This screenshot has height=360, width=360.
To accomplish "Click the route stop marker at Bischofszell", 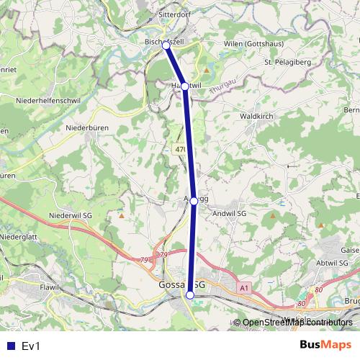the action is (x=166, y=45).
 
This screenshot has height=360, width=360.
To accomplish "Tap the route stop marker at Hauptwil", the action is (x=185, y=86).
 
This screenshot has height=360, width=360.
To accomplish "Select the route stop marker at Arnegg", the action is (x=194, y=202).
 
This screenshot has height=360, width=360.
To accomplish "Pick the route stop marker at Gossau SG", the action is (x=190, y=295).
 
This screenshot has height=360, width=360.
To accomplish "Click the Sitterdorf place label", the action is (x=175, y=14).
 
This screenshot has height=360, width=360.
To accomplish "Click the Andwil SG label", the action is (x=230, y=214).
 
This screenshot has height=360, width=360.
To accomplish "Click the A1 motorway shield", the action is (x=244, y=288).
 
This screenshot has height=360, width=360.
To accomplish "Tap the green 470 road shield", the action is (x=180, y=150).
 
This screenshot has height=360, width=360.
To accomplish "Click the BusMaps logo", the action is (x=326, y=346).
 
